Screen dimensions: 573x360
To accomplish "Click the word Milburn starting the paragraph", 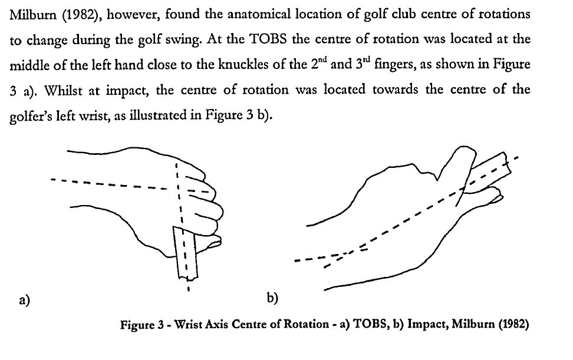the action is (33, 14).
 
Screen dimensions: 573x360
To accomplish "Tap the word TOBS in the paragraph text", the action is (268, 39).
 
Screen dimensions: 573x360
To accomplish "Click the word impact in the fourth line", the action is (127, 90).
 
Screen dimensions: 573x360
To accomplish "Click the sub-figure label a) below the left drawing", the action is (25, 300).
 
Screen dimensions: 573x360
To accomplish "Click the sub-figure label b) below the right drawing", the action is (272, 298).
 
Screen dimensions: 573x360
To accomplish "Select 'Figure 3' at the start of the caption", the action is (142, 325).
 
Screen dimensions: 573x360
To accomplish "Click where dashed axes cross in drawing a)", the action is (178, 189).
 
